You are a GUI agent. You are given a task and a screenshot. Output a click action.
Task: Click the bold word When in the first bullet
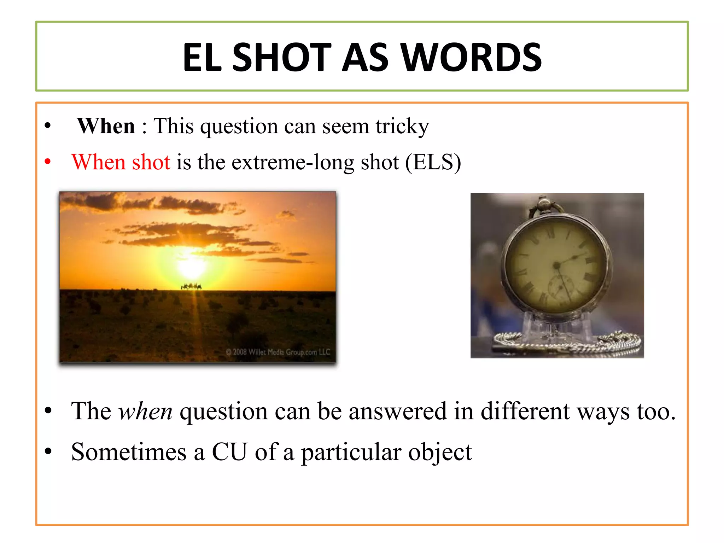pyautogui.click(x=106, y=126)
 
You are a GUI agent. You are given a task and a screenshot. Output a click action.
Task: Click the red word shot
pyautogui.click(x=151, y=162)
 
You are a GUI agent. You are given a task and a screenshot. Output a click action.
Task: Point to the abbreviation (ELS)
pyautogui.click(x=433, y=162)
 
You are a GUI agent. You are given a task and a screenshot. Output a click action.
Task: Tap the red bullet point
pyautogui.click(x=48, y=162)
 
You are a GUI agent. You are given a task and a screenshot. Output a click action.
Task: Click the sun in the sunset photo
pyautogui.click(x=191, y=267)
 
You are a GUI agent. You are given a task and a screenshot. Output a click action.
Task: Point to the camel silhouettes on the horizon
pyautogui.click(x=191, y=286)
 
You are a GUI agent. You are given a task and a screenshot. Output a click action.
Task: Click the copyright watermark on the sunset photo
pyautogui.click(x=278, y=352)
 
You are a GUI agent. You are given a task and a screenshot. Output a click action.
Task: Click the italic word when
pyautogui.click(x=145, y=412)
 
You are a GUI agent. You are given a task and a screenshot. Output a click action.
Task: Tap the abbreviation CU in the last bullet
pyautogui.click(x=229, y=452)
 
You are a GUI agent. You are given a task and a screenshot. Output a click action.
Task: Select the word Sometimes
pyautogui.click(x=129, y=452)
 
